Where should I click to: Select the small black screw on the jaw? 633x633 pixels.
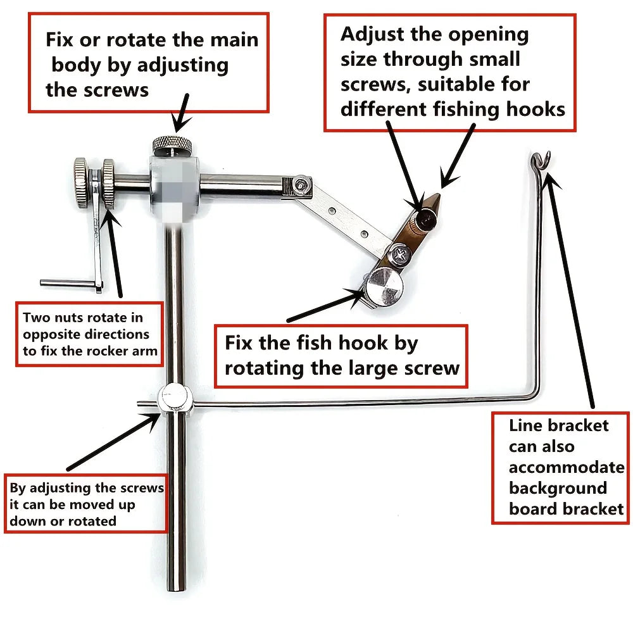point(426,220)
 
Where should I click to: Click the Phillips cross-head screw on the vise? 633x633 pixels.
point(401,255)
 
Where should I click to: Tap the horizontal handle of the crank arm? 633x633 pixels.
point(66,283)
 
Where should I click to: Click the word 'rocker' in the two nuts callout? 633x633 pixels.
point(109,351)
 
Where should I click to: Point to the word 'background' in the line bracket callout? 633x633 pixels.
point(558,488)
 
